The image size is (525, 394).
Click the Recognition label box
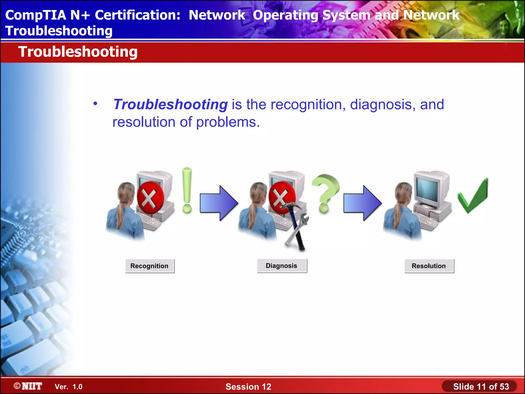[x=150, y=266]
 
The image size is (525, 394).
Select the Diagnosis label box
[x=282, y=266]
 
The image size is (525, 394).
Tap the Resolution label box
[x=429, y=266]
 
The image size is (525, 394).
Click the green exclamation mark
[x=187, y=190]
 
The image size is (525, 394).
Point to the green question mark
[x=325, y=192]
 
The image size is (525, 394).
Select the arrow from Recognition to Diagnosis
[x=219, y=203]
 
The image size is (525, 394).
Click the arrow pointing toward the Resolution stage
[x=362, y=203]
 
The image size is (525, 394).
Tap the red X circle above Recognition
[x=150, y=198]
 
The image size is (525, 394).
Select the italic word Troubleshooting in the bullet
[x=170, y=105]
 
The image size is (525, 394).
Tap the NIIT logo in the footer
[x=28, y=386]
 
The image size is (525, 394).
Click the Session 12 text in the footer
[x=248, y=387]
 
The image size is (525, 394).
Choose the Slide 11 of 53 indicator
[x=481, y=387]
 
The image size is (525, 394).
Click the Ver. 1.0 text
[x=68, y=387]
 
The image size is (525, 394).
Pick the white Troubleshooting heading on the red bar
[x=78, y=52]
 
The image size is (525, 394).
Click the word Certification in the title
[x=138, y=15]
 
